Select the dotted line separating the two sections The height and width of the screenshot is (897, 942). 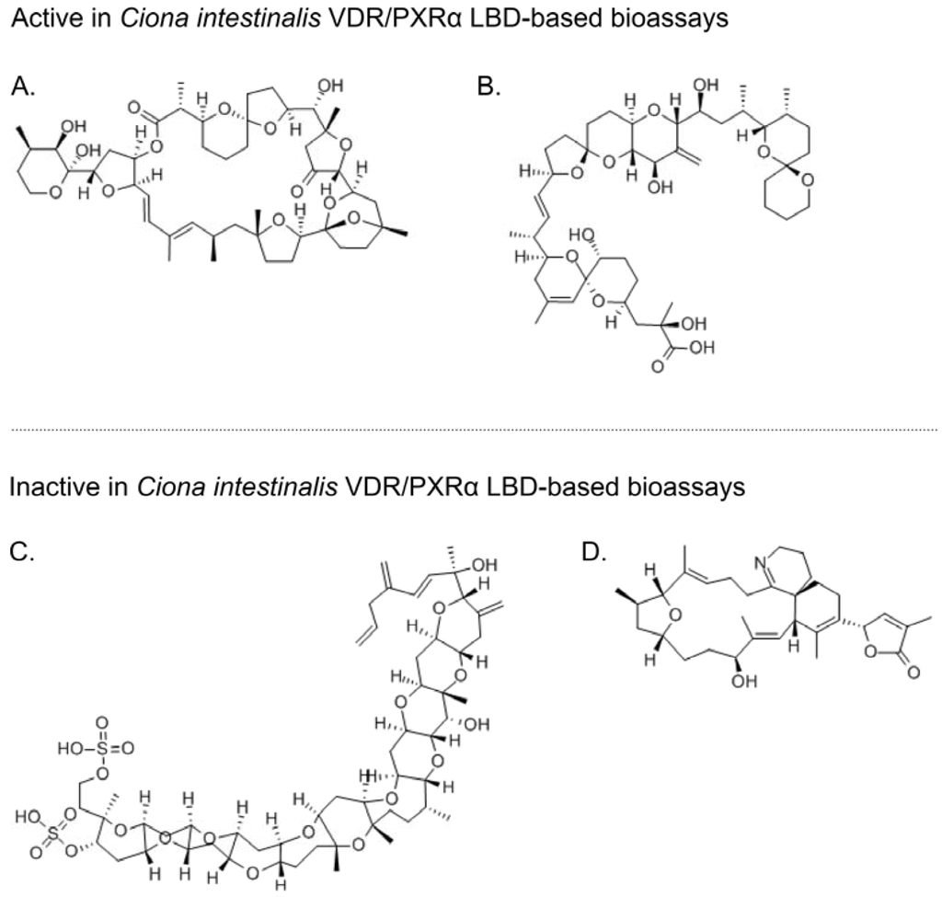pos(471,429)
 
